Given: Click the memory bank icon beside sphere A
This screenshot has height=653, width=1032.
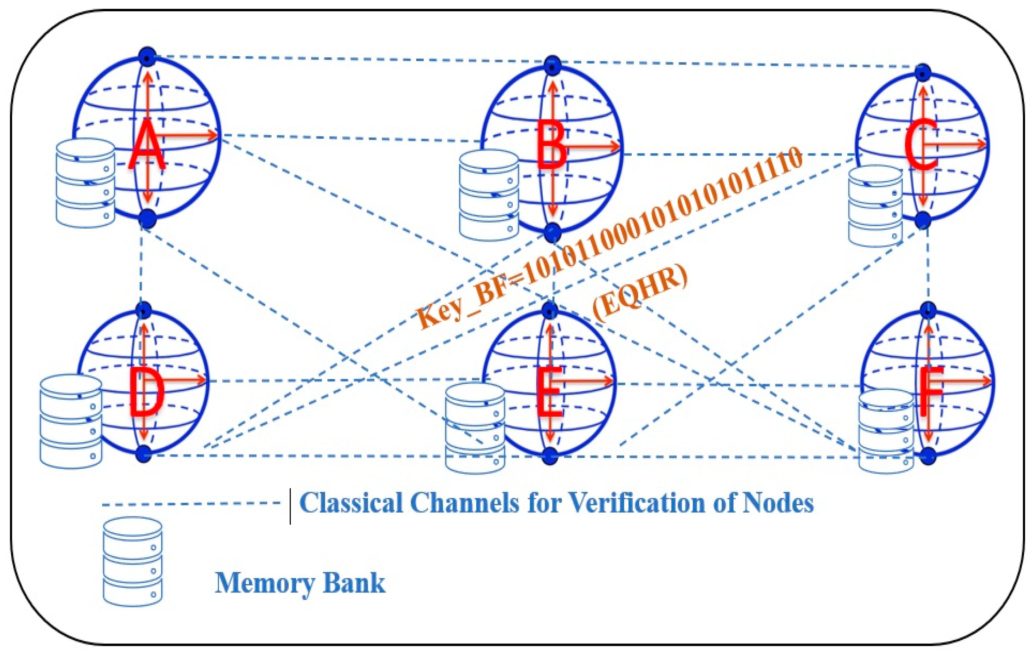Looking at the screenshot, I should (x=86, y=182).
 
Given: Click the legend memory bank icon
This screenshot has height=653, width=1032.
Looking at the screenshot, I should (x=133, y=561).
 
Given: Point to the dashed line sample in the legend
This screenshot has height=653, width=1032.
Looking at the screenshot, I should (x=191, y=503).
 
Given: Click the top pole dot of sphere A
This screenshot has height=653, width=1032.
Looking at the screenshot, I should (x=148, y=56).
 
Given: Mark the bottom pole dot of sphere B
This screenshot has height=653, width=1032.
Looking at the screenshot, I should (x=553, y=232).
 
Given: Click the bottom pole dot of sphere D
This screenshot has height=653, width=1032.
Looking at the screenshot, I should (x=144, y=454).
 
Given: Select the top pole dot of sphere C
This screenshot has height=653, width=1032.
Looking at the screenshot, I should (x=923, y=72).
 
